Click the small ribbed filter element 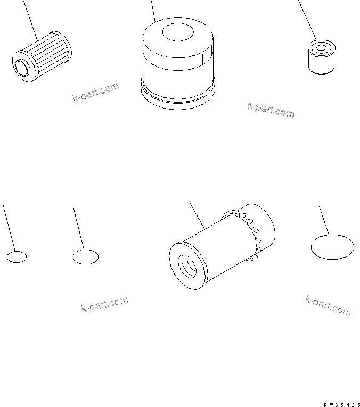[42, 57]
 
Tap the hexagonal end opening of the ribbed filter [21, 67]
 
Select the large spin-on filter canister [178, 63]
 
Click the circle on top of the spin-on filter [178, 32]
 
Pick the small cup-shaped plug [322, 57]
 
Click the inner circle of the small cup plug [322, 48]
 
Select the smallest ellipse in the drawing [17, 257]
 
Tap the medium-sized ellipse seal [86, 257]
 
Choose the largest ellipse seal [332, 247]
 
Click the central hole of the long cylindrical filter [187, 267]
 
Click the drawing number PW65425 [341, 405]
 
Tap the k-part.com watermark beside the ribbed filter [95, 92]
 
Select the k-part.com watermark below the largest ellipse [328, 305]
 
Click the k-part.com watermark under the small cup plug [271, 110]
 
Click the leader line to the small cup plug [307, 20]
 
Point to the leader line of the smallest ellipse [9, 228]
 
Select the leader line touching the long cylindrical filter [198, 217]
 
